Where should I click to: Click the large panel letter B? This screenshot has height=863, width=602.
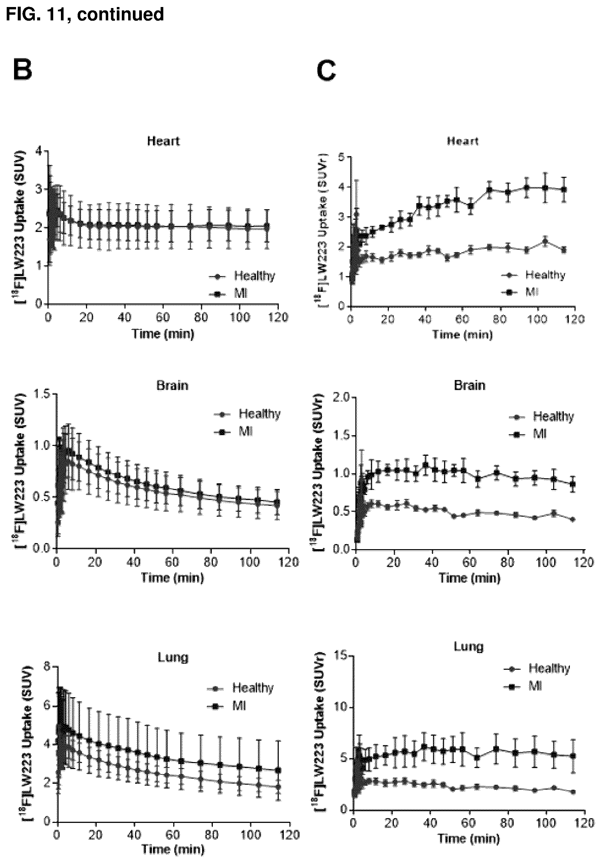[x=22, y=70]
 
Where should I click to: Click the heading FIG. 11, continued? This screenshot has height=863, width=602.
[x=85, y=15]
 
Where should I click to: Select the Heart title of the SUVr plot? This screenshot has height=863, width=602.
[x=463, y=141]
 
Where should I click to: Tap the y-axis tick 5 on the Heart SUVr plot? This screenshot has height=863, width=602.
[x=342, y=157]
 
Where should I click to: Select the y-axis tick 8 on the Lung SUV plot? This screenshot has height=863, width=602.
[x=47, y=666]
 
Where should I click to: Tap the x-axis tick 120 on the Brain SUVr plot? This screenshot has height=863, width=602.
[x=584, y=562]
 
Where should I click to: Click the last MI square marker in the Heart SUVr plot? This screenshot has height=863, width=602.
[x=564, y=190]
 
